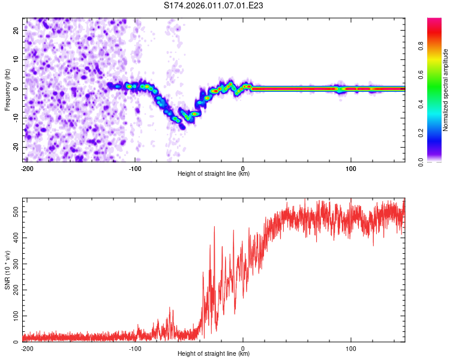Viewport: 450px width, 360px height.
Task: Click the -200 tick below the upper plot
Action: coord(26,168)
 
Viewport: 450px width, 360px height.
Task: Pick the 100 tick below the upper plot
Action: coord(351,168)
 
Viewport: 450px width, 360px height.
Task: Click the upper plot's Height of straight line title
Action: coord(214,174)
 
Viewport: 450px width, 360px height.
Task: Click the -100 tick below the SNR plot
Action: coord(135,348)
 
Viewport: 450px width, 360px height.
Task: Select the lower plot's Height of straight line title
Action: coord(214,354)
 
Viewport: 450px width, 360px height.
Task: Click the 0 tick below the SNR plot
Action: coord(243,348)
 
